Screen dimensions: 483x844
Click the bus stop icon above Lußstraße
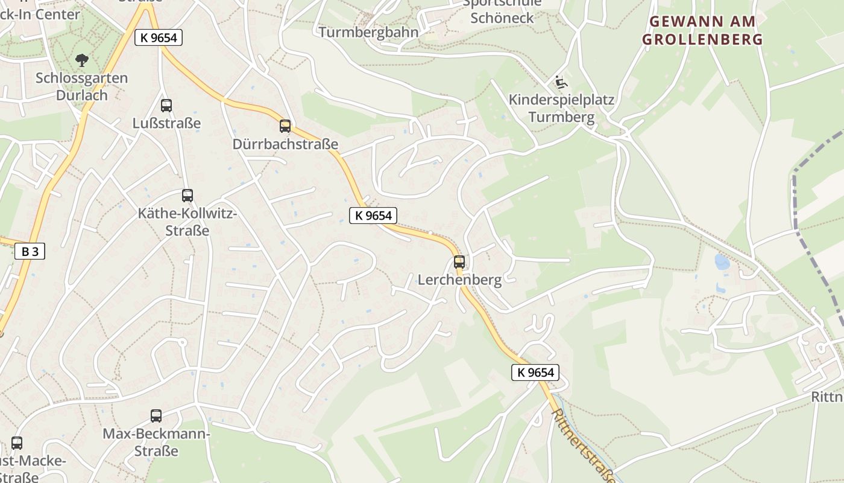point(166,105)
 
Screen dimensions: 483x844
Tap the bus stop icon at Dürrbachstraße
point(285,126)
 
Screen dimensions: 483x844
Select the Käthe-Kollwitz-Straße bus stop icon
point(187,196)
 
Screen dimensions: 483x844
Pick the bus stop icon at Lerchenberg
point(459,262)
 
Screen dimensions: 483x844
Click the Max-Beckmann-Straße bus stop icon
point(156,415)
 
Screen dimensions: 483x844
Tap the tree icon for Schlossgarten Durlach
point(81,60)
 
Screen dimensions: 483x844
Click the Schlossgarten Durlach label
point(81,86)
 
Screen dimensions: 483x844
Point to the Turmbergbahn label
point(368,32)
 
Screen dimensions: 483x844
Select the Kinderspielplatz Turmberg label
point(561,108)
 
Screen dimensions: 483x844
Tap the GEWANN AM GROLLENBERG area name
point(702,31)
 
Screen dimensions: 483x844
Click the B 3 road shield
point(30,252)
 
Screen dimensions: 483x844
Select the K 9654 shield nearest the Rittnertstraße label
point(535,373)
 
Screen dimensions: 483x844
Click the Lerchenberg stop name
point(459,280)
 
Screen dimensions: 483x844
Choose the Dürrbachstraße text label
point(285,144)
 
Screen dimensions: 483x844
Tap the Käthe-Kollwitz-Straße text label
point(187,222)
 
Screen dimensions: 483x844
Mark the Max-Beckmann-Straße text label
point(156,442)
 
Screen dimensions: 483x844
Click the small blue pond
point(721,261)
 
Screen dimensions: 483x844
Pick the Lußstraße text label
point(166,123)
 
